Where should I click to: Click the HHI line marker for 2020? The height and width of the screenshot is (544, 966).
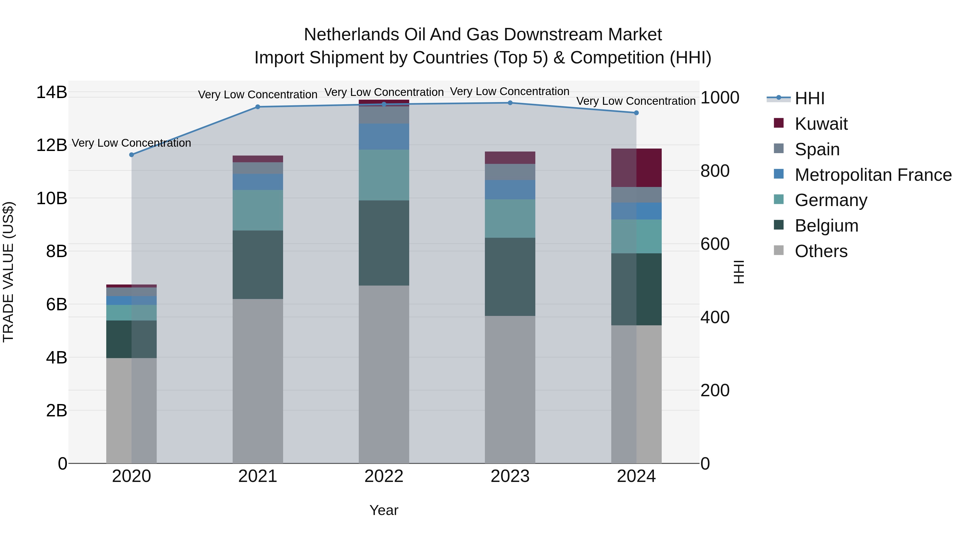click(131, 155)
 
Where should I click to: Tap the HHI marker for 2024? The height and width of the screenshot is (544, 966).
click(636, 113)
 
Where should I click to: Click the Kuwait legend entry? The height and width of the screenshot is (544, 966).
click(821, 124)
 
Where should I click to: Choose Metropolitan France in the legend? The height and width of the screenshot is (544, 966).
click(873, 175)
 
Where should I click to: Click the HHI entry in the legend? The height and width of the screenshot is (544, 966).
click(809, 98)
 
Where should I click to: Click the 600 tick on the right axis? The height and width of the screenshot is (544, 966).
click(715, 244)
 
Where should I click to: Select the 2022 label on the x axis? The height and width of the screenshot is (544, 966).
click(384, 476)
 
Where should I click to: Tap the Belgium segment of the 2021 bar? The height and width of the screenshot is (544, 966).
click(258, 264)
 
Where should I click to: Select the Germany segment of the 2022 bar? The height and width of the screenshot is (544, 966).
click(384, 175)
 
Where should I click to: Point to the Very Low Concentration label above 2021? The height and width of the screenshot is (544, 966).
click(258, 95)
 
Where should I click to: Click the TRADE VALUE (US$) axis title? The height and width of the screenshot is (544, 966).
click(8, 272)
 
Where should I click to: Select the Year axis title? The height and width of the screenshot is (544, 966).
click(384, 510)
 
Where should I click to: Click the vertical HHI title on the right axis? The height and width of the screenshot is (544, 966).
click(738, 272)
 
